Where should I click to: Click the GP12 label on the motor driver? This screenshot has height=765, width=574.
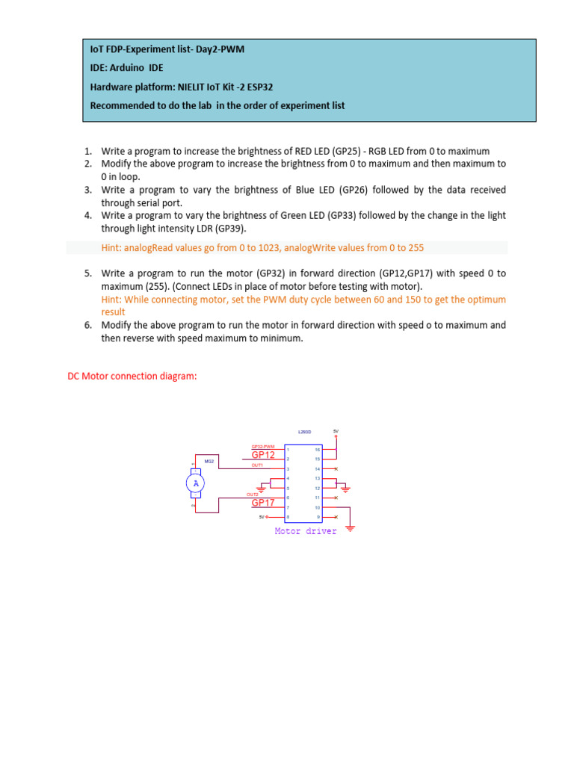tap(263, 454)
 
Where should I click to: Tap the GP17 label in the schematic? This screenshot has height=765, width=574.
tap(263, 504)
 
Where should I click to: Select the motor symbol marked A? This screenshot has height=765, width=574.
tap(196, 483)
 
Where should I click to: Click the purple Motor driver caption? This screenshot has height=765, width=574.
tap(306, 531)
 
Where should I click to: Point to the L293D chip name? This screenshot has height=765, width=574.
tap(303, 431)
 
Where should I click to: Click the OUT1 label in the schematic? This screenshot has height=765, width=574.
tap(257, 465)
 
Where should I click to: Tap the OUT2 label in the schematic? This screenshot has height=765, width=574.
tap(252, 495)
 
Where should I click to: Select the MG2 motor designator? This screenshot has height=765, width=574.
tap(209, 461)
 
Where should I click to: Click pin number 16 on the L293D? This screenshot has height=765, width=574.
tap(317, 450)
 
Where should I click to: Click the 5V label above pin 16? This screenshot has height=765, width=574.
tap(336, 431)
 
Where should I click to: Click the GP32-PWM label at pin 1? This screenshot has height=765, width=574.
tap(263, 446)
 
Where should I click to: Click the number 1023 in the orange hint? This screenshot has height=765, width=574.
tap(269, 247)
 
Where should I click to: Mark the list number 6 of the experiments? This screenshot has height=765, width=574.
tap(87, 325)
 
